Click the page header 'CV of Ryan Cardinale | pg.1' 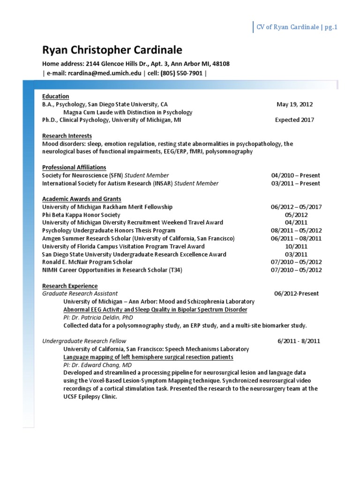tap(297, 27)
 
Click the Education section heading tap(55, 97)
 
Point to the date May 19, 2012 tap(294, 105)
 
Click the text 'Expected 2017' tap(294, 120)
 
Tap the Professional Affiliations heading tap(74, 167)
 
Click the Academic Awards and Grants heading tap(82, 199)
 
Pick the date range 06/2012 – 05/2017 tap(296, 207)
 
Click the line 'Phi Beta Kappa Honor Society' tap(81, 215)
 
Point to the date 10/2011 tap(296, 246)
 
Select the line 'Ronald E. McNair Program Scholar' tap(87, 262)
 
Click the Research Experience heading tap(70, 286)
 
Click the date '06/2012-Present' tap(296, 293)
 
